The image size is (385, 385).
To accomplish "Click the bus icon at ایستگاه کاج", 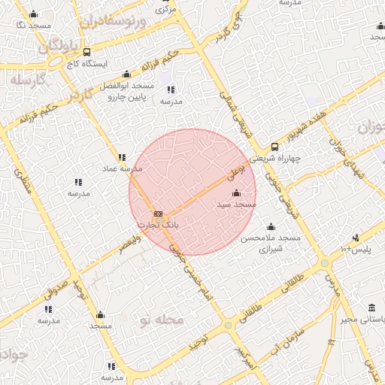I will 88,53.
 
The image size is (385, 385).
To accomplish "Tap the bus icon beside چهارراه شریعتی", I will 274,147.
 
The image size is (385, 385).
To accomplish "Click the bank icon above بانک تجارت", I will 157,214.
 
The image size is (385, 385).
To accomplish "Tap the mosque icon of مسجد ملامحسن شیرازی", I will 271,226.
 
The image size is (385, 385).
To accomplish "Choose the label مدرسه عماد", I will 114,169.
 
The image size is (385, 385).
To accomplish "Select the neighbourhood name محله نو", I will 161,320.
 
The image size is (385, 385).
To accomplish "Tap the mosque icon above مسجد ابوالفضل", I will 126,74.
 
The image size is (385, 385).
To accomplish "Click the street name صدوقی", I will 61,286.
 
